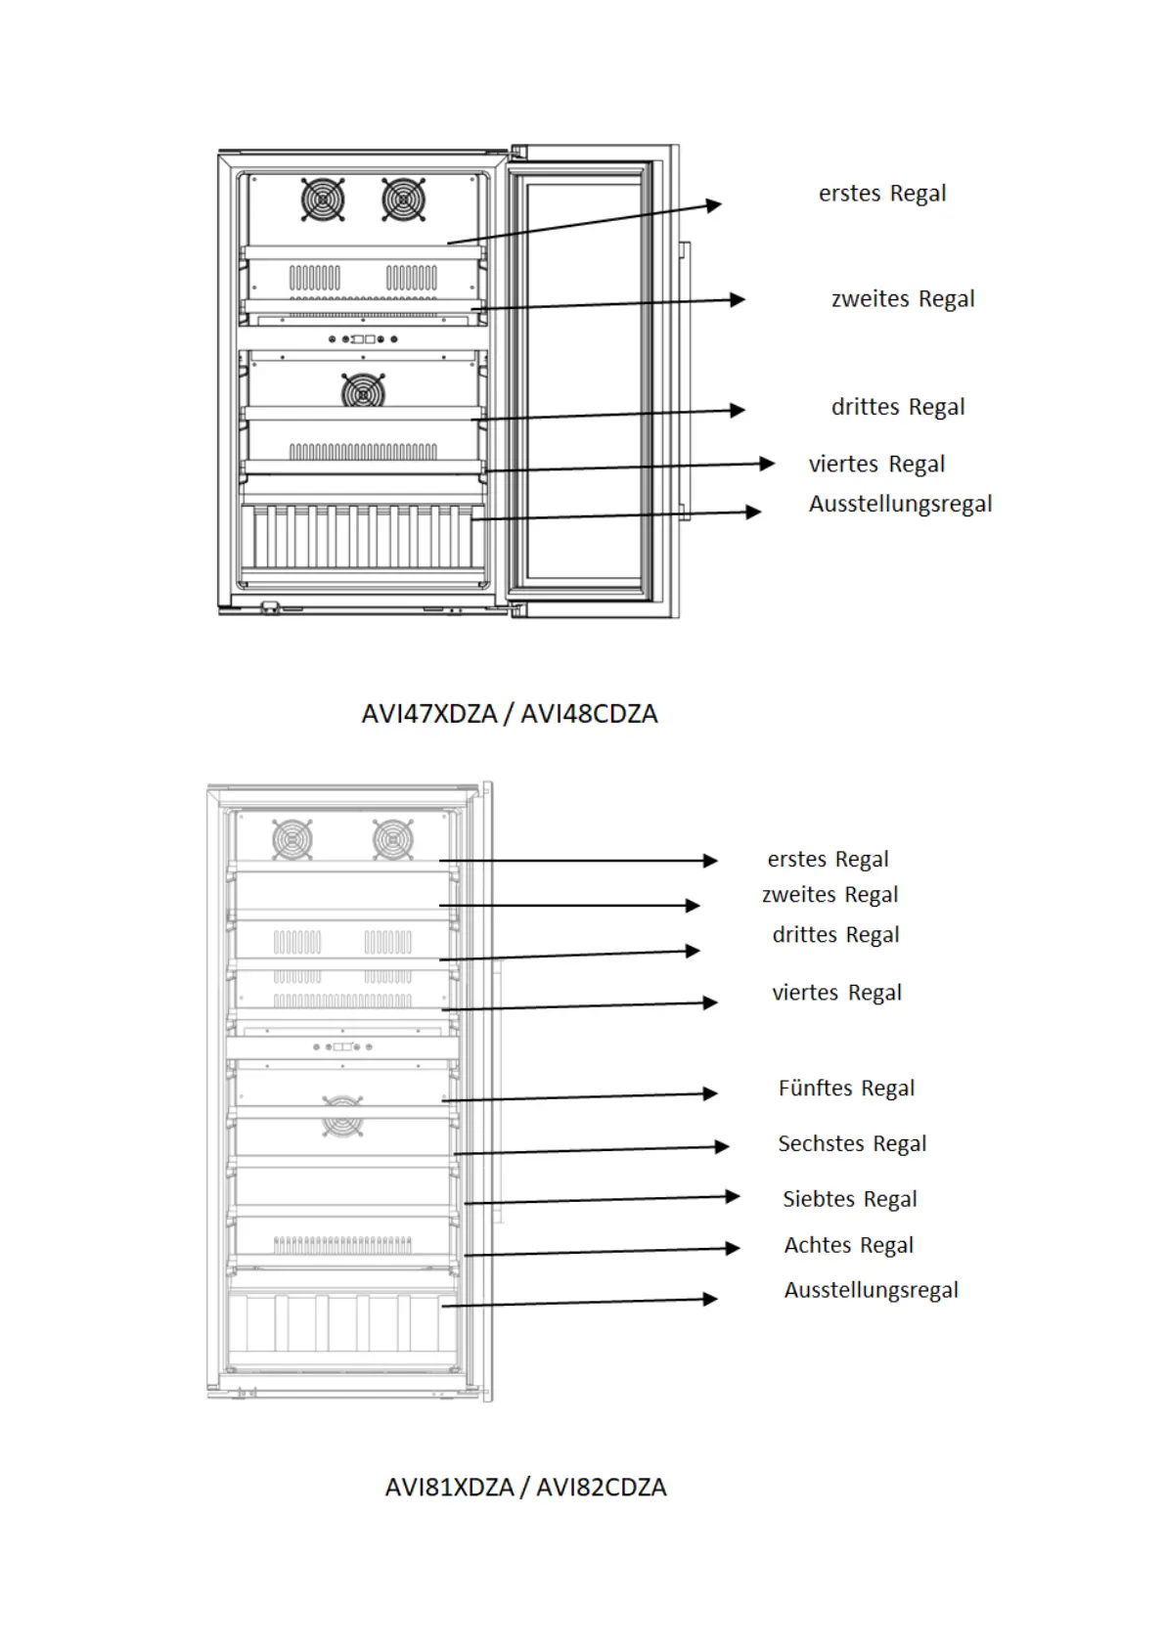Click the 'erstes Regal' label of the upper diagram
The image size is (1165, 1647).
click(882, 194)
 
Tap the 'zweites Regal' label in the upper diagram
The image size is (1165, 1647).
click(903, 299)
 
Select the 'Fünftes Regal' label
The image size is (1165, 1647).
click(846, 1089)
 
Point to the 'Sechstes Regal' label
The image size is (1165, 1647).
click(852, 1144)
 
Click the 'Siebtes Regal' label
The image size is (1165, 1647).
click(849, 1199)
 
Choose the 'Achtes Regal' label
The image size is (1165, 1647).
click(848, 1245)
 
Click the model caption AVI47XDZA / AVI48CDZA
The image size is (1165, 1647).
click(510, 714)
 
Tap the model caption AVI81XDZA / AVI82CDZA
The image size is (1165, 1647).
click(525, 1488)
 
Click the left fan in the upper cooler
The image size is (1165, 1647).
click(323, 200)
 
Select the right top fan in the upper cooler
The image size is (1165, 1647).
click(403, 200)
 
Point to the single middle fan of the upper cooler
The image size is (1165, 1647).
click(363, 391)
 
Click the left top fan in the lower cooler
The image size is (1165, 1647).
click(292, 839)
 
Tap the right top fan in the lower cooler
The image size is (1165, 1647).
click(393, 839)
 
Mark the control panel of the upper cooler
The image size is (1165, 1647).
click(363, 339)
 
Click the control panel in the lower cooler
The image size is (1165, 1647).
click(342, 1046)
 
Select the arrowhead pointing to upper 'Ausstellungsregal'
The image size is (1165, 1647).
click(753, 512)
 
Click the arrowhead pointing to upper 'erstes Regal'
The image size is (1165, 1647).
click(714, 204)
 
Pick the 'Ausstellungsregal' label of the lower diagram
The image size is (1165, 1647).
click(871, 1290)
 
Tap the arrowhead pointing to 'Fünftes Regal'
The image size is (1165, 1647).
click(710, 1093)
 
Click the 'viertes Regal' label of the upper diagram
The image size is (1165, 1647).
click(876, 465)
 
